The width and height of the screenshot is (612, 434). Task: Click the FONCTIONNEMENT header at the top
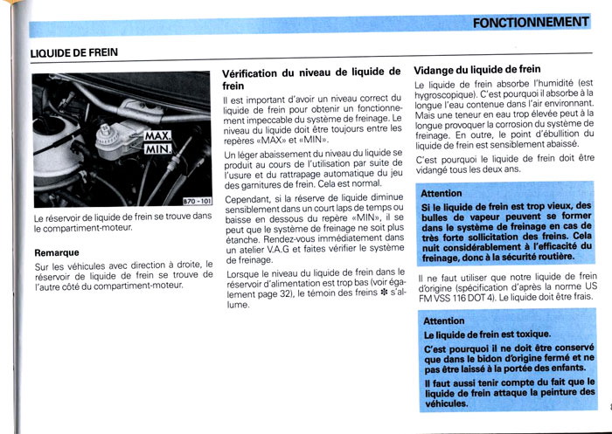pos(531,23)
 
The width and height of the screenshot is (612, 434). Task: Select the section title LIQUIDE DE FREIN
pos(73,52)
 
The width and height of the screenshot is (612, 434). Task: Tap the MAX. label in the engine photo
pos(157,137)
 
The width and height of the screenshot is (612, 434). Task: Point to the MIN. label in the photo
pos(158,151)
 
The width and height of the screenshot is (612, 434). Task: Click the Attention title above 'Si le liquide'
pos(442,193)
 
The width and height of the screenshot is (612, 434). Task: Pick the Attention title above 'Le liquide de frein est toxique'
pos(444,320)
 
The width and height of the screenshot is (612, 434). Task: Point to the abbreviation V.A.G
pos(284,249)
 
